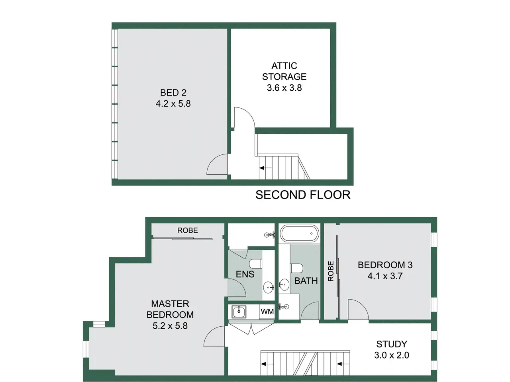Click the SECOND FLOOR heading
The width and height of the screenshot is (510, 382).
pos(303,195)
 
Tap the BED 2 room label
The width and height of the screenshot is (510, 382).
pos(173,93)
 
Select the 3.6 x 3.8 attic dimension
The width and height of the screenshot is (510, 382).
pos(284,88)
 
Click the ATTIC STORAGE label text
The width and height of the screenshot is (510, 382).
pos(284,71)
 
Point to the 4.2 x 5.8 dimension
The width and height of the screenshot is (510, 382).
pos(173,104)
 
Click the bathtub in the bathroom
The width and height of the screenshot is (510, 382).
pos(300,234)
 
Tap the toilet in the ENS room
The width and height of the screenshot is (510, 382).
pos(255,263)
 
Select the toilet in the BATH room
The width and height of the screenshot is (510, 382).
pos(297,268)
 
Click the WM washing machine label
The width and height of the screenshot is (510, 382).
pos(267,312)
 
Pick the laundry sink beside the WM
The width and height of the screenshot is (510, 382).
pos(239,312)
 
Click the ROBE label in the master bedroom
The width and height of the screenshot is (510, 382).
pos(188,230)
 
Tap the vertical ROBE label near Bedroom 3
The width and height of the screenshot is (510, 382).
pos(331,271)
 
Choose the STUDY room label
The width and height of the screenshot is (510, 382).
pos(392,344)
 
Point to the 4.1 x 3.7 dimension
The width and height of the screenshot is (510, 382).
pos(385,276)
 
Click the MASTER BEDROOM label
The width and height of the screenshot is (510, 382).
pos(170,309)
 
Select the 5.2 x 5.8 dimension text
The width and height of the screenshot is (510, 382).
pos(170,326)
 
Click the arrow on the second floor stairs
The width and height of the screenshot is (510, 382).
pos(266,168)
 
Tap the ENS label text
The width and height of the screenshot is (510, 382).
pos(245,275)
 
